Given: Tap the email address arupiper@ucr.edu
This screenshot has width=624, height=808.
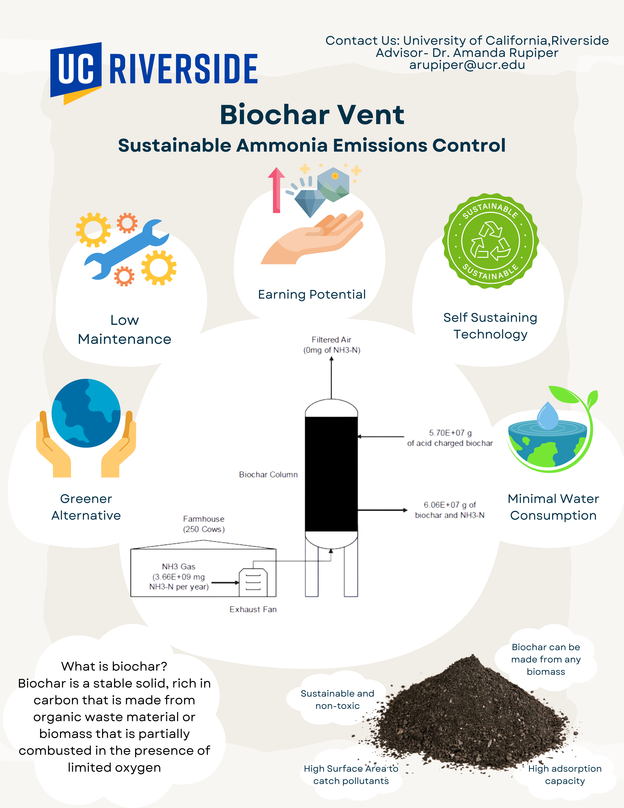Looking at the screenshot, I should (x=467, y=65).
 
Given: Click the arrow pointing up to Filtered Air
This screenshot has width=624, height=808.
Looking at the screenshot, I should (x=331, y=377).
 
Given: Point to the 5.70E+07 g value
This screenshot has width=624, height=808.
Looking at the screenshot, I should (x=450, y=433).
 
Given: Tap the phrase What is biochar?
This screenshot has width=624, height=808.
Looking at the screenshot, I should (x=114, y=666).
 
